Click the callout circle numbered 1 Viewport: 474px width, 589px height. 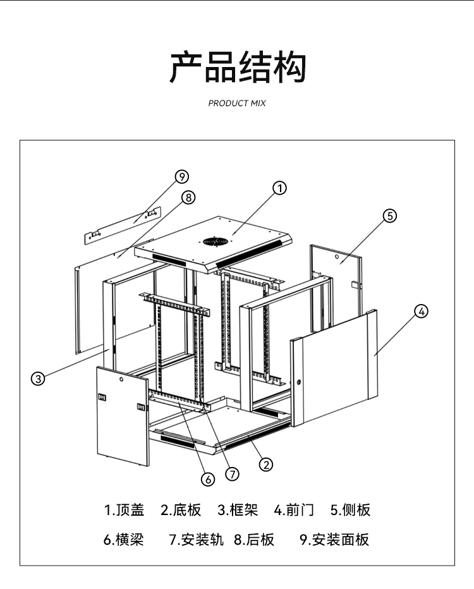pos(279,188)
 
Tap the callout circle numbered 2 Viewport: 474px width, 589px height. pos(267,465)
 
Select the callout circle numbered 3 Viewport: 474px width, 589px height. pos(39,379)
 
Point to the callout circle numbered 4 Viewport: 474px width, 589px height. pos(421,311)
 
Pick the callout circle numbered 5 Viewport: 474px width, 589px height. pos(389,216)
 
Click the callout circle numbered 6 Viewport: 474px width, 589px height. pos(208,478)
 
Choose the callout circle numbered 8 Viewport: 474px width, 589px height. pos(188,197)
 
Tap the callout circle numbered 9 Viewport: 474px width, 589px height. pos(182,176)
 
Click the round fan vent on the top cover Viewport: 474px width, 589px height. pos(215,241)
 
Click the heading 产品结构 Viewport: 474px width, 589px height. pos(237,68)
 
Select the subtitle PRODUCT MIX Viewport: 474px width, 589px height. pos(237,103)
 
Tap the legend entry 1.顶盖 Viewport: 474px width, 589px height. pos(124,510)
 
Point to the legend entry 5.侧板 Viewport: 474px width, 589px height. pos(350,510)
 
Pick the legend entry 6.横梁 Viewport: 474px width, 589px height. pos(123,540)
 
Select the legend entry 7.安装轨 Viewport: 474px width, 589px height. pos(196,540)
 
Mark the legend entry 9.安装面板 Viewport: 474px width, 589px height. pos(334,540)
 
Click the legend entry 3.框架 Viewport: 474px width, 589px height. pos(238,510)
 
